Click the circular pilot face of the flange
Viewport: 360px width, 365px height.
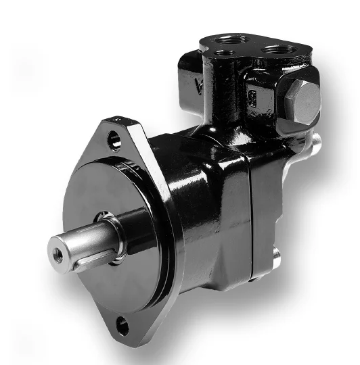click(x=102, y=203)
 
